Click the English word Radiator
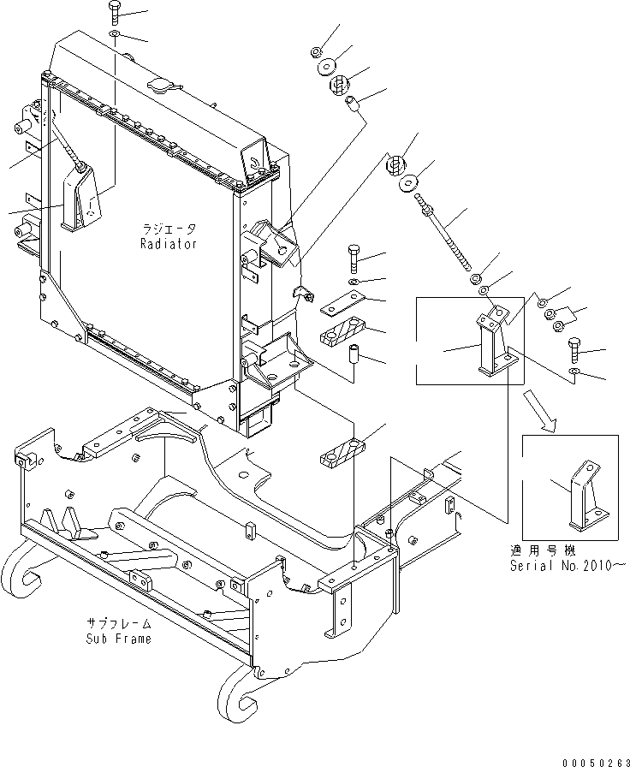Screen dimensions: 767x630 169,244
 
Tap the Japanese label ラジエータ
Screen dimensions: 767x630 169,229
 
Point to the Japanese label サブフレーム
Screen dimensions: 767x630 118,624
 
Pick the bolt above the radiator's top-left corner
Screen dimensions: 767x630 116,14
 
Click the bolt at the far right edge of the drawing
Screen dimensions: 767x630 575,348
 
